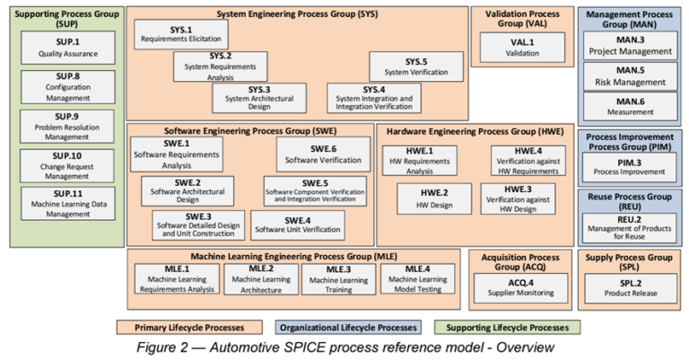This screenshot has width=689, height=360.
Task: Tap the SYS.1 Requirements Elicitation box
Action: pyautogui.click(x=181, y=35)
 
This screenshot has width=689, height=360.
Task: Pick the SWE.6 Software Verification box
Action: pyautogui.click(x=323, y=154)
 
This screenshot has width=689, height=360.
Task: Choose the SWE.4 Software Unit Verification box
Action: pyautogui.click(x=297, y=224)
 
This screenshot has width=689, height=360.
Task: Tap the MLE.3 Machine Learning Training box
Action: pyautogui.click(x=337, y=278)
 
